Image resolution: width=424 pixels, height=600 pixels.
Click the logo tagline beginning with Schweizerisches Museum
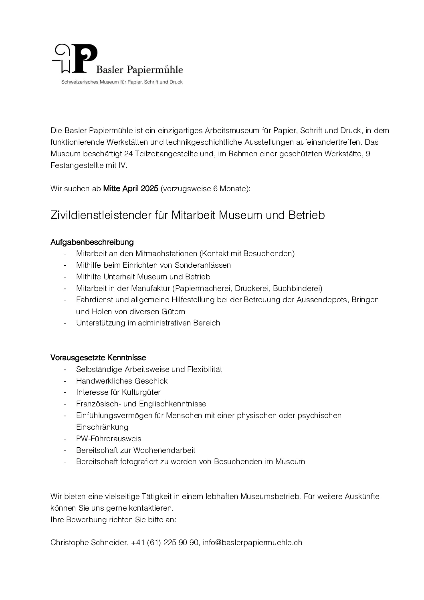[121, 82]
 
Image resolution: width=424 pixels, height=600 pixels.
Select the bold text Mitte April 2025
[131, 188]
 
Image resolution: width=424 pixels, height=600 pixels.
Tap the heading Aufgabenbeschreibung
[92, 242]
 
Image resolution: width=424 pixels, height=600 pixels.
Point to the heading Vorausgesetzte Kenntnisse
[98, 358]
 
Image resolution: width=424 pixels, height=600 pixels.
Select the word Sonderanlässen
[203, 265]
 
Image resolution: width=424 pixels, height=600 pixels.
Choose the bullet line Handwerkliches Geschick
[122, 381]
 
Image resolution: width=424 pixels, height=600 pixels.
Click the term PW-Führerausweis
[109, 438]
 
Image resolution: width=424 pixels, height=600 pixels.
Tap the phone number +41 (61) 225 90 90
[165, 543]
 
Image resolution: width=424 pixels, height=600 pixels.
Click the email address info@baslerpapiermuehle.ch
[252, 543]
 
